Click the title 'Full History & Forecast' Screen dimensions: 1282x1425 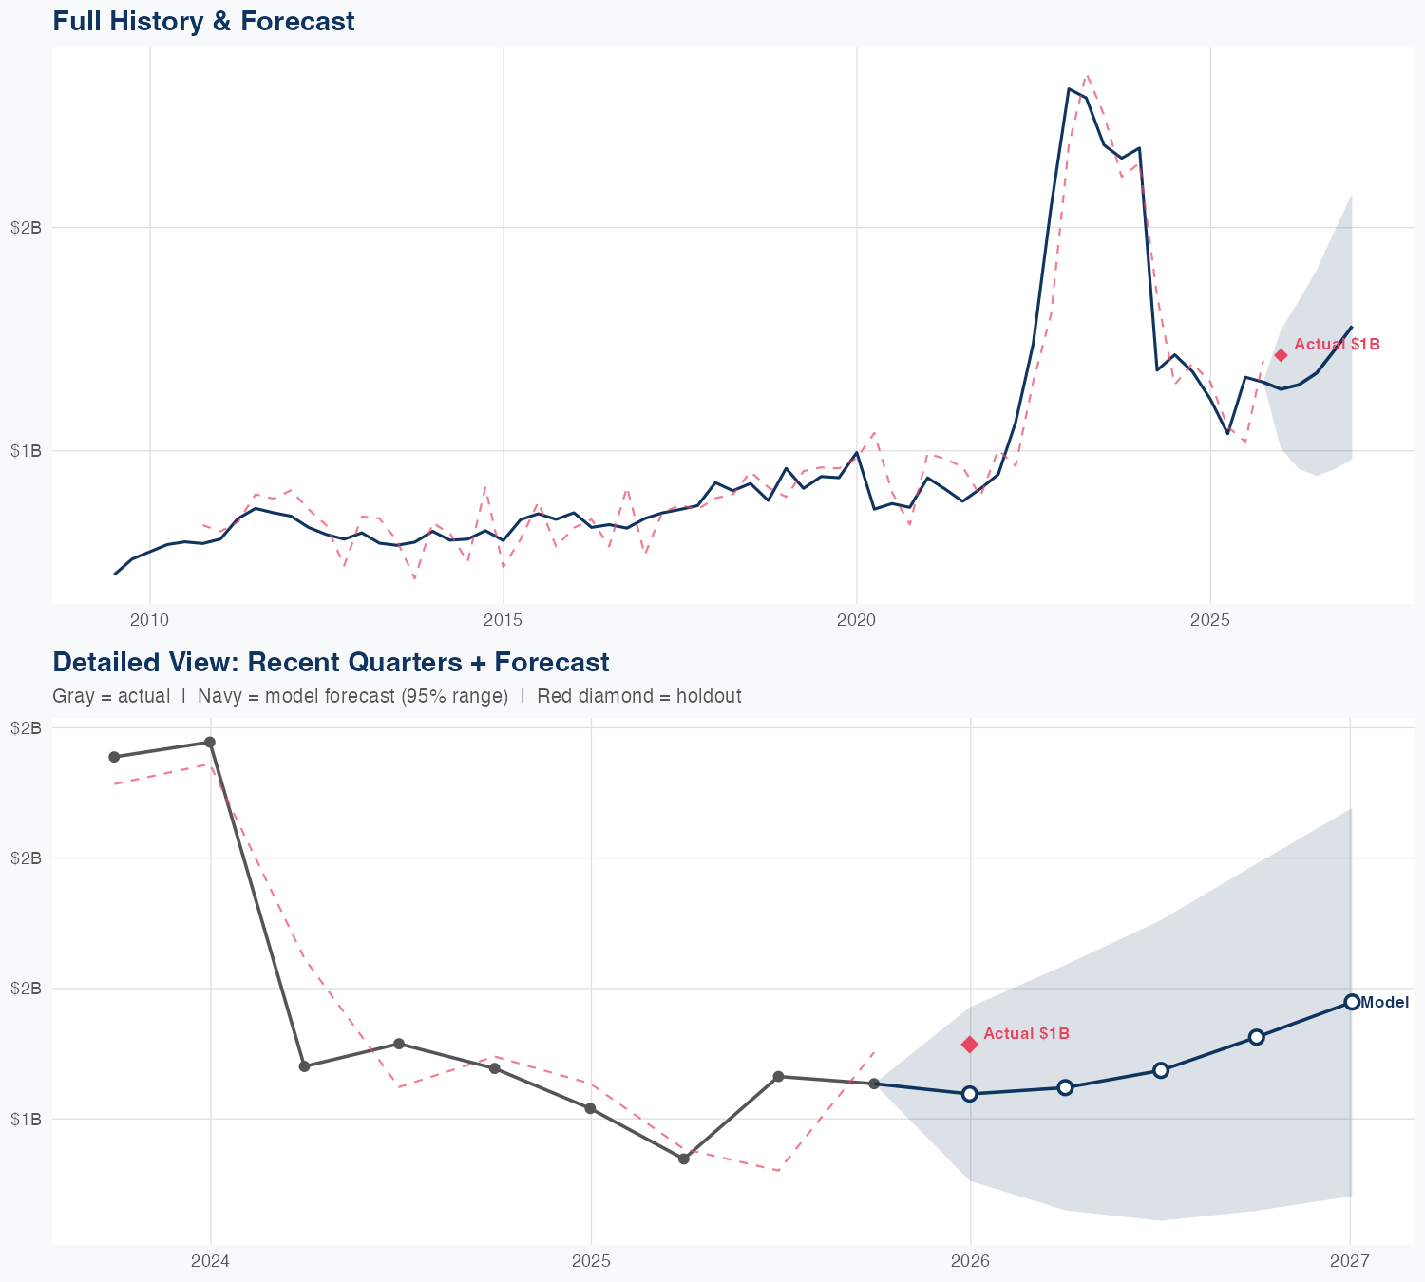point(203,21)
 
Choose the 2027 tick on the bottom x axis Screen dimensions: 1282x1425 point(1350,1262)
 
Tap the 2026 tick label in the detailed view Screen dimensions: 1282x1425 point(970,1262)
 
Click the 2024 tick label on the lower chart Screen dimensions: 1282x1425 point(210,1262)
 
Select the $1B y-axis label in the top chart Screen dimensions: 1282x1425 point(26,451)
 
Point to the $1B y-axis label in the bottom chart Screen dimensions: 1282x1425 point(26,1119)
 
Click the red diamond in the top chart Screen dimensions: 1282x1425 point(1281,355)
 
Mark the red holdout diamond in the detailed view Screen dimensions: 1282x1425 point(970,1045)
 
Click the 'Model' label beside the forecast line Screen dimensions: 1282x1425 point(1384,1002)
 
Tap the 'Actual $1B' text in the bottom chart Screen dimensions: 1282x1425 point(1026,1033)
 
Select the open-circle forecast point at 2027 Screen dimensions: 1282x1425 point(1351,1002)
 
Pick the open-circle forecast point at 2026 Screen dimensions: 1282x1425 point(970,1094)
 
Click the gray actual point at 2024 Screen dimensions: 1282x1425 point(210,742)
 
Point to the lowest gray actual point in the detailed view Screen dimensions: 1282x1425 point(684,1159)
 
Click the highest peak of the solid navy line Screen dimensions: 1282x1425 point(1070,89)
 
